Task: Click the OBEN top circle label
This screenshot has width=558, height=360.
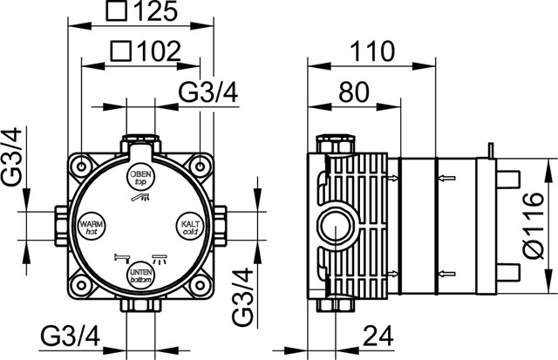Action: [x=141, y=178]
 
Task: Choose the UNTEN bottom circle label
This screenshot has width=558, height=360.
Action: [x=141, y=276]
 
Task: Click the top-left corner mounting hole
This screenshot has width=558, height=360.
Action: [x=81, y=166]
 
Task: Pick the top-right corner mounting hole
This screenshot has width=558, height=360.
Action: [x=201, y=166]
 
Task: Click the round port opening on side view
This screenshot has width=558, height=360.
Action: [x=332, y=227]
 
